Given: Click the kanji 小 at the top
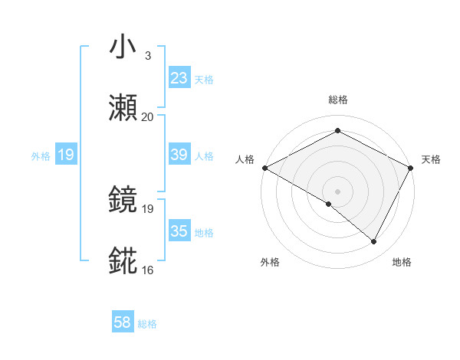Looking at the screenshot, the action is (x=123, y=47).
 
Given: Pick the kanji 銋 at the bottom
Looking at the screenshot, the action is (x=123, y=260).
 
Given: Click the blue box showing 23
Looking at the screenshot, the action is (x=179, y=77).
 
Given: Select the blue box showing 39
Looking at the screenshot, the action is (x=179, y=154).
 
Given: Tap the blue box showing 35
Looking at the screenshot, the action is (x=179, y=231).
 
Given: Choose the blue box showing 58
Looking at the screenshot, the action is (x=123, y=323).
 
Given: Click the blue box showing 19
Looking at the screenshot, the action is (x=65, y=155).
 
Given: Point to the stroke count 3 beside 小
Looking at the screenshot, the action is (x=147, y=56).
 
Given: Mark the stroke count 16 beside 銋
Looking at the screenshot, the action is (x=147, y=270).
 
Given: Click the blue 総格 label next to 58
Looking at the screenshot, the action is (x=147, y=324).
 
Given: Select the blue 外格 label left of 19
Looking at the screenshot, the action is (x=41, y=155).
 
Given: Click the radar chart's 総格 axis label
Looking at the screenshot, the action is (x=337, y=100).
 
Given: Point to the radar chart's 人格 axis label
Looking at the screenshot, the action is (x=245, y=159).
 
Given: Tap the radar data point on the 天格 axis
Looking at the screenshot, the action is (x=412, y=168).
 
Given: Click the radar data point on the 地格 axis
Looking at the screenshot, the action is (x=374, y=242).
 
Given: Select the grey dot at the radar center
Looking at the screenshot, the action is (x=337, y=191).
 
